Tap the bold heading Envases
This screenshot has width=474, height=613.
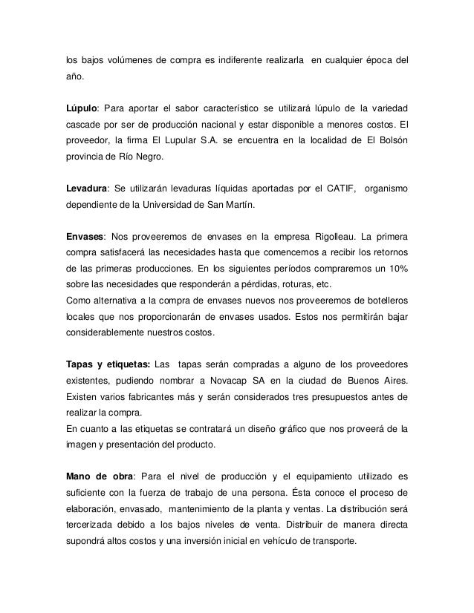tap(84, 238)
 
